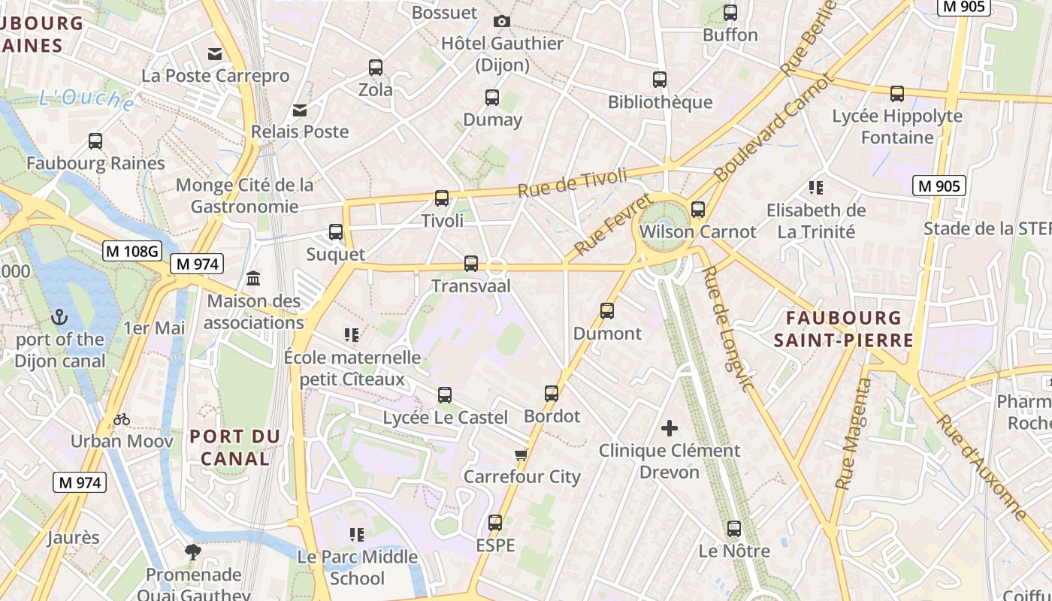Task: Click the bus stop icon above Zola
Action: click(x=376, y=68)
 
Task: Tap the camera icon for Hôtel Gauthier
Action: click(x=501, y=21)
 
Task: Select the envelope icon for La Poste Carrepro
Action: click(x=216, y=53)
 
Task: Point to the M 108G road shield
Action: click(x=132, y=251)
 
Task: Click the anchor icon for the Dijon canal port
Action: click(x=59, y=317)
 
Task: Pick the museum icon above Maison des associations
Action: click(x=253, y=279)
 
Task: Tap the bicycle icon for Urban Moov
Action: click(x=121, y=418)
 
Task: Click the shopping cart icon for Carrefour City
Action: click(x=521, y=455)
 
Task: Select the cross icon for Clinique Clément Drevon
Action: click(x=669, y=428)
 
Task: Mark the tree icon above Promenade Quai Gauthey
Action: click(x=193, y=552)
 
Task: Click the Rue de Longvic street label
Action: click(x=727, y=330)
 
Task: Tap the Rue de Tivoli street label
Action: click(x=572, y=183)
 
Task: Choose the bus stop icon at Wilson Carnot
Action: click(x=698, y=210)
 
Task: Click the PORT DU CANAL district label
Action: click(x=234, y=447)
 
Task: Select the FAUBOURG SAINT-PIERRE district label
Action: click(x=844, y=329)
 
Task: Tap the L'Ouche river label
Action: click(x=86, y=99)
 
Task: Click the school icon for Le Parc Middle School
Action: click(x=357, y=535)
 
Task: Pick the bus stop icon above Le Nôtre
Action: click(x=734, y=529)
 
